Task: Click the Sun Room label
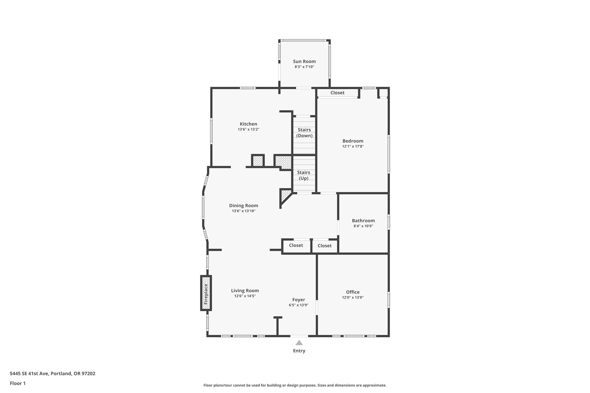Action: (x=304, y=61)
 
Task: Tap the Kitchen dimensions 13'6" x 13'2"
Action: (x=248, y=130)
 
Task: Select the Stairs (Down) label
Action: (x=304, y=133)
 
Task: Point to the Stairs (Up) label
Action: (x=303, y=175)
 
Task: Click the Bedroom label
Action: (x=353, y=141)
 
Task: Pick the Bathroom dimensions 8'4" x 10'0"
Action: (x=363, y=226)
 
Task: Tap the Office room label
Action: (x=353, y=292)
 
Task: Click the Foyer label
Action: (x=298, y=300)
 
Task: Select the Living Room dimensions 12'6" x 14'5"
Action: (x=245, y=296)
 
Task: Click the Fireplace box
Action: (x=206, y=293)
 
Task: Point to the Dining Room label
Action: (x=243, y=206)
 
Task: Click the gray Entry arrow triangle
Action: (x=299, y=343)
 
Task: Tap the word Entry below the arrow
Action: (x=299, y=351)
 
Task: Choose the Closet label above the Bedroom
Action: (x=337, y=93)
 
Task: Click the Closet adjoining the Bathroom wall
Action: (x=324, y=246)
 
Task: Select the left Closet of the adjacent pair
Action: (x=296, y=245)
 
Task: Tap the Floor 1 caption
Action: (x=18, y=383)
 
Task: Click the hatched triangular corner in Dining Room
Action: (x=285, y=195)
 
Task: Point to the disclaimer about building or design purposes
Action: (x=295, y=385)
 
